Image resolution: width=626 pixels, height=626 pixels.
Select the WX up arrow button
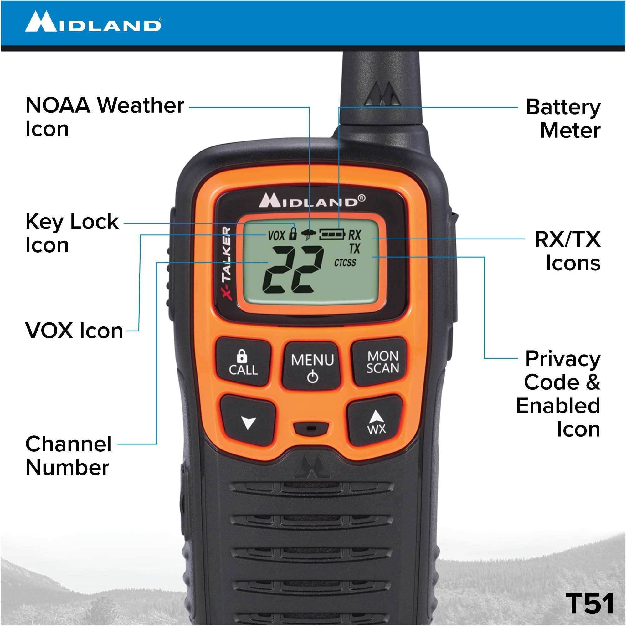tap(376, 421)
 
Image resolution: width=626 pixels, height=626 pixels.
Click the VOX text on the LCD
tap(276, 236)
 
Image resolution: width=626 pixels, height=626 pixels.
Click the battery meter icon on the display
tap(332, 234)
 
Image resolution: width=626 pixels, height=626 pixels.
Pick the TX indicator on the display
tap(355, 249)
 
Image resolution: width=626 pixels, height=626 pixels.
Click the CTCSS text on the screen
tap(345, 263)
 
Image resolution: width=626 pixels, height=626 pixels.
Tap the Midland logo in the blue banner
tap(93, 22)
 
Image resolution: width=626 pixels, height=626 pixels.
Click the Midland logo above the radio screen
tap(312, 200)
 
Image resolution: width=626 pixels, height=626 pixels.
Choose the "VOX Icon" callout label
tap(74, 331)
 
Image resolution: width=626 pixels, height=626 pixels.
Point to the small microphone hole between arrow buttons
tap(311, 428)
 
